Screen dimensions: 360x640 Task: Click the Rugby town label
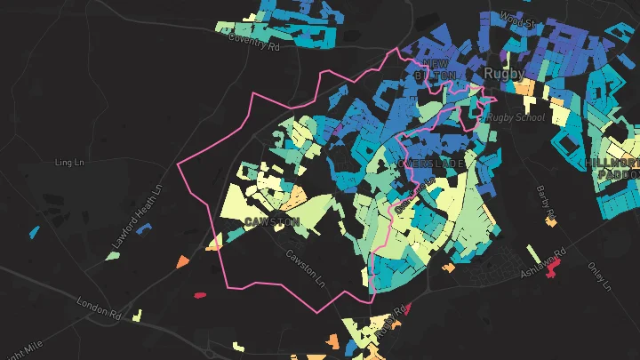pyautogui.click(x=504, y=73)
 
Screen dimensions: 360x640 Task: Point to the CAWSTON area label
pyautogui.click(x=272, y=221)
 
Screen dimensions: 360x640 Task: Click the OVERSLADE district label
pyautogui.click(x=431, y=164)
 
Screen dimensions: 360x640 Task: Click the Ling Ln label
pyautogui.click(x=68, y=163)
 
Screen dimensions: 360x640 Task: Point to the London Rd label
pyautogui.click(x=98, y=308)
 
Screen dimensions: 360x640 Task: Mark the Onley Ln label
pyautogui.click(x=601, y=275)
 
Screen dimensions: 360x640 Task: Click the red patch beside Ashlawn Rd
pyautogui.click(x=554, y=266)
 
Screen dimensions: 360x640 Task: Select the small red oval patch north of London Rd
pyautogui.click(x=200, y=293)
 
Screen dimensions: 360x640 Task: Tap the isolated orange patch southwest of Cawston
pyautogui.click(x=182, y=262)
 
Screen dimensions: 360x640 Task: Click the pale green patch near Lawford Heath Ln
pyautogui.click(x=112, y=256)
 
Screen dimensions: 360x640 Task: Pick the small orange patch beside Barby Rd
pyautogui.click(x=554, y=214)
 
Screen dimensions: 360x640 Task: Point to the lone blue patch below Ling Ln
pyautogui.click(x=34, y=233)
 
